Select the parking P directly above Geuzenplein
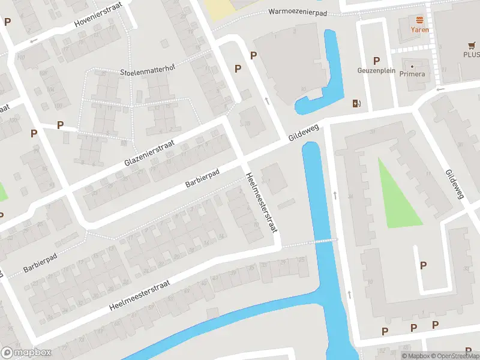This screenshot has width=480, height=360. [377, 60]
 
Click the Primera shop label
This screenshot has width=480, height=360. [413, 74]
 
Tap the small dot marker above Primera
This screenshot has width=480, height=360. [413, 66]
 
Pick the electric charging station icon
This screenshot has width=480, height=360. [358, 103]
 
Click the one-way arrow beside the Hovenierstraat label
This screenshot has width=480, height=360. [34, 40]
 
